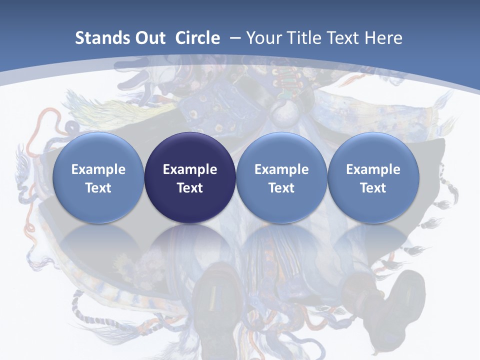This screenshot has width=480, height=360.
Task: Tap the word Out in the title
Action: coord(149,38)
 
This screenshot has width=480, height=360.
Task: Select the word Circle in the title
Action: coord(197,38)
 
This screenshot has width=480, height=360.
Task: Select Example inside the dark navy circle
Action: coord(190,169)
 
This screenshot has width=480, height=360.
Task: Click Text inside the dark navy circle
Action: coord(190,188)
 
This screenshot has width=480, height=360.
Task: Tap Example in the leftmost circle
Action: coord(98,169)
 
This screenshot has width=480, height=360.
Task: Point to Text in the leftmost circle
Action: coord(98,188)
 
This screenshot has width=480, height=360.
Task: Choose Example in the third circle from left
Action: coord(281,169)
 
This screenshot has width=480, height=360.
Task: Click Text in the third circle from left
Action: coord(281,188)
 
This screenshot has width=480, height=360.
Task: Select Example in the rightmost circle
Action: coord(373,169)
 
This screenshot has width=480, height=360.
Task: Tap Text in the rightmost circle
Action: coord(373,188)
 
